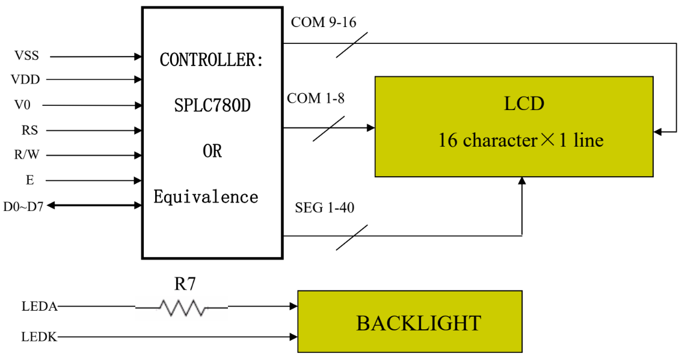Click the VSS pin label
[x=26, y=56]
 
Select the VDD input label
[x=25, y=79]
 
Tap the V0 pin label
[x=22, y=105]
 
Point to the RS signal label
[x=29, y=130]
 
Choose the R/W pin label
[x=26, y=155]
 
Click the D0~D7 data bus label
[x=23, y=206]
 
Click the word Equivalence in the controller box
[x=206, y=197]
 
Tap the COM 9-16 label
[x=324, y=23]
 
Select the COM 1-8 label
[x=316, y=99]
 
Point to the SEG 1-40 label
[x=324, y=209]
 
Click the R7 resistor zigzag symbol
[x=182, y=308]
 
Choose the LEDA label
[x=39, y=307]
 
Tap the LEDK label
[x=39, y=337]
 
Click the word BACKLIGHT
[x=419, y=323]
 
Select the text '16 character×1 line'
[x=520, y=141]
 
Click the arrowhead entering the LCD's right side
[x=657, y=131]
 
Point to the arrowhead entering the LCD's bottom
[x=521, y=181]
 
